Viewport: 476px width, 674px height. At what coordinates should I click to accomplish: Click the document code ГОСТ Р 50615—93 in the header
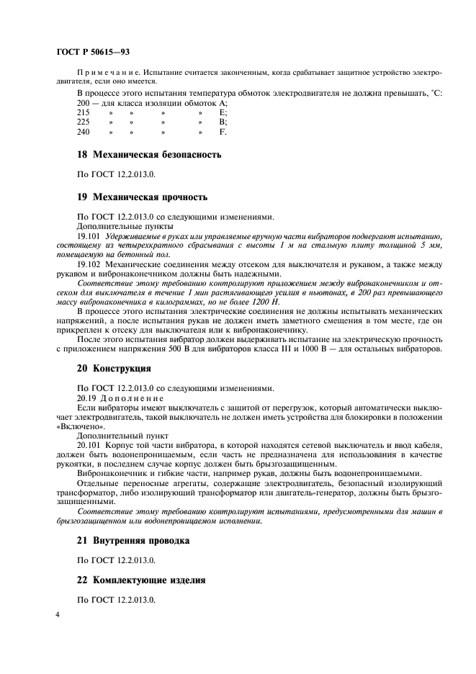[92, 52]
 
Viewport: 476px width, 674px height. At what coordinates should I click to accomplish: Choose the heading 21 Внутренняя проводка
[133, 541]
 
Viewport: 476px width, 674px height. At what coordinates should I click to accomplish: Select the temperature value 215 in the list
[83, 114]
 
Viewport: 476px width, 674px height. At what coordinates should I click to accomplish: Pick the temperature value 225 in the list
[83, 123]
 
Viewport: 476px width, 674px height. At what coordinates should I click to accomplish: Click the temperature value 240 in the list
[83, 132]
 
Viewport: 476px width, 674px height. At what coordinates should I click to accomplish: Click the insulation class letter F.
[223, 132]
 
